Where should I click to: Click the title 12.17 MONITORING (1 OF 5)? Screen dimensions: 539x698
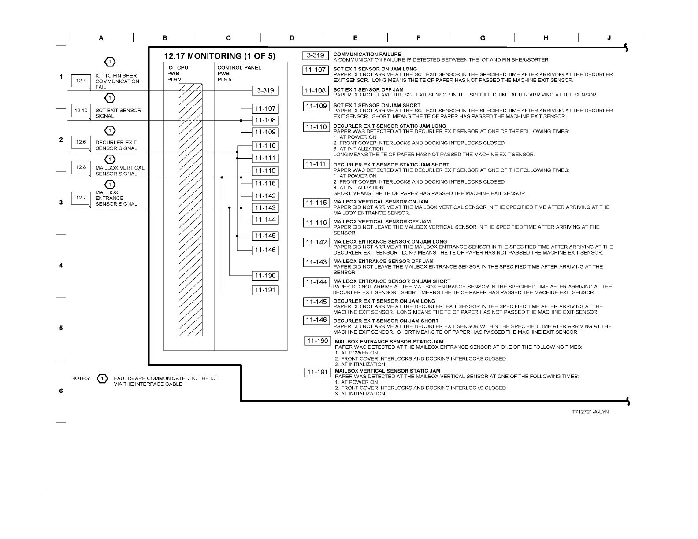click(219, 56)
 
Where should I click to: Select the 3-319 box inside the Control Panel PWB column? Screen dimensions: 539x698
click(265, 91)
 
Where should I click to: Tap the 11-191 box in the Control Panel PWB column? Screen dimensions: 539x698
click(265, 290)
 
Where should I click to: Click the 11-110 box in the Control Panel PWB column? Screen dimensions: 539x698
click(265, 146)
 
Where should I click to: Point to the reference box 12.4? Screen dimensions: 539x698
click(81, 81)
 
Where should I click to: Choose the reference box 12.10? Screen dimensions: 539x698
click(81, 110)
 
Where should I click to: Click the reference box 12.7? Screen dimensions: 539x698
click(81, 198)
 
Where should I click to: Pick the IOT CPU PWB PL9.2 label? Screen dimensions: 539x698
click(178, 74)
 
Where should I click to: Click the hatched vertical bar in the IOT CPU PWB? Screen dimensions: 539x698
click(190, 210)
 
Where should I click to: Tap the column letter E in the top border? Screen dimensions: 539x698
click(355, 38)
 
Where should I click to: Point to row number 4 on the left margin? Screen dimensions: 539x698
click(61, 266)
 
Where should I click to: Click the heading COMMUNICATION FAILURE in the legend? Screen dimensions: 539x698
click(367, 55)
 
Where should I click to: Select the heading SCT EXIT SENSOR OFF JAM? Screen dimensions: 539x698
click(368, 89)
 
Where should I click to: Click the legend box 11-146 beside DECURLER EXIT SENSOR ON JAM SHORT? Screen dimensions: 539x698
click(316, 320)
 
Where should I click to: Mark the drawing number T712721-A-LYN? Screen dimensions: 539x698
click(590, 412)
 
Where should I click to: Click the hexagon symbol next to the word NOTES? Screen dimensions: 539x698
click(102, 378)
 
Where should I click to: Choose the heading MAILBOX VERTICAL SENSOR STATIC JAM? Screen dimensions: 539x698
click(387, 371)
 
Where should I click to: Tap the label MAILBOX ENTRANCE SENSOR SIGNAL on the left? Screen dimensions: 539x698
click(116, 198)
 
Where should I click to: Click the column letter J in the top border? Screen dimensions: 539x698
click(609, 38)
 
